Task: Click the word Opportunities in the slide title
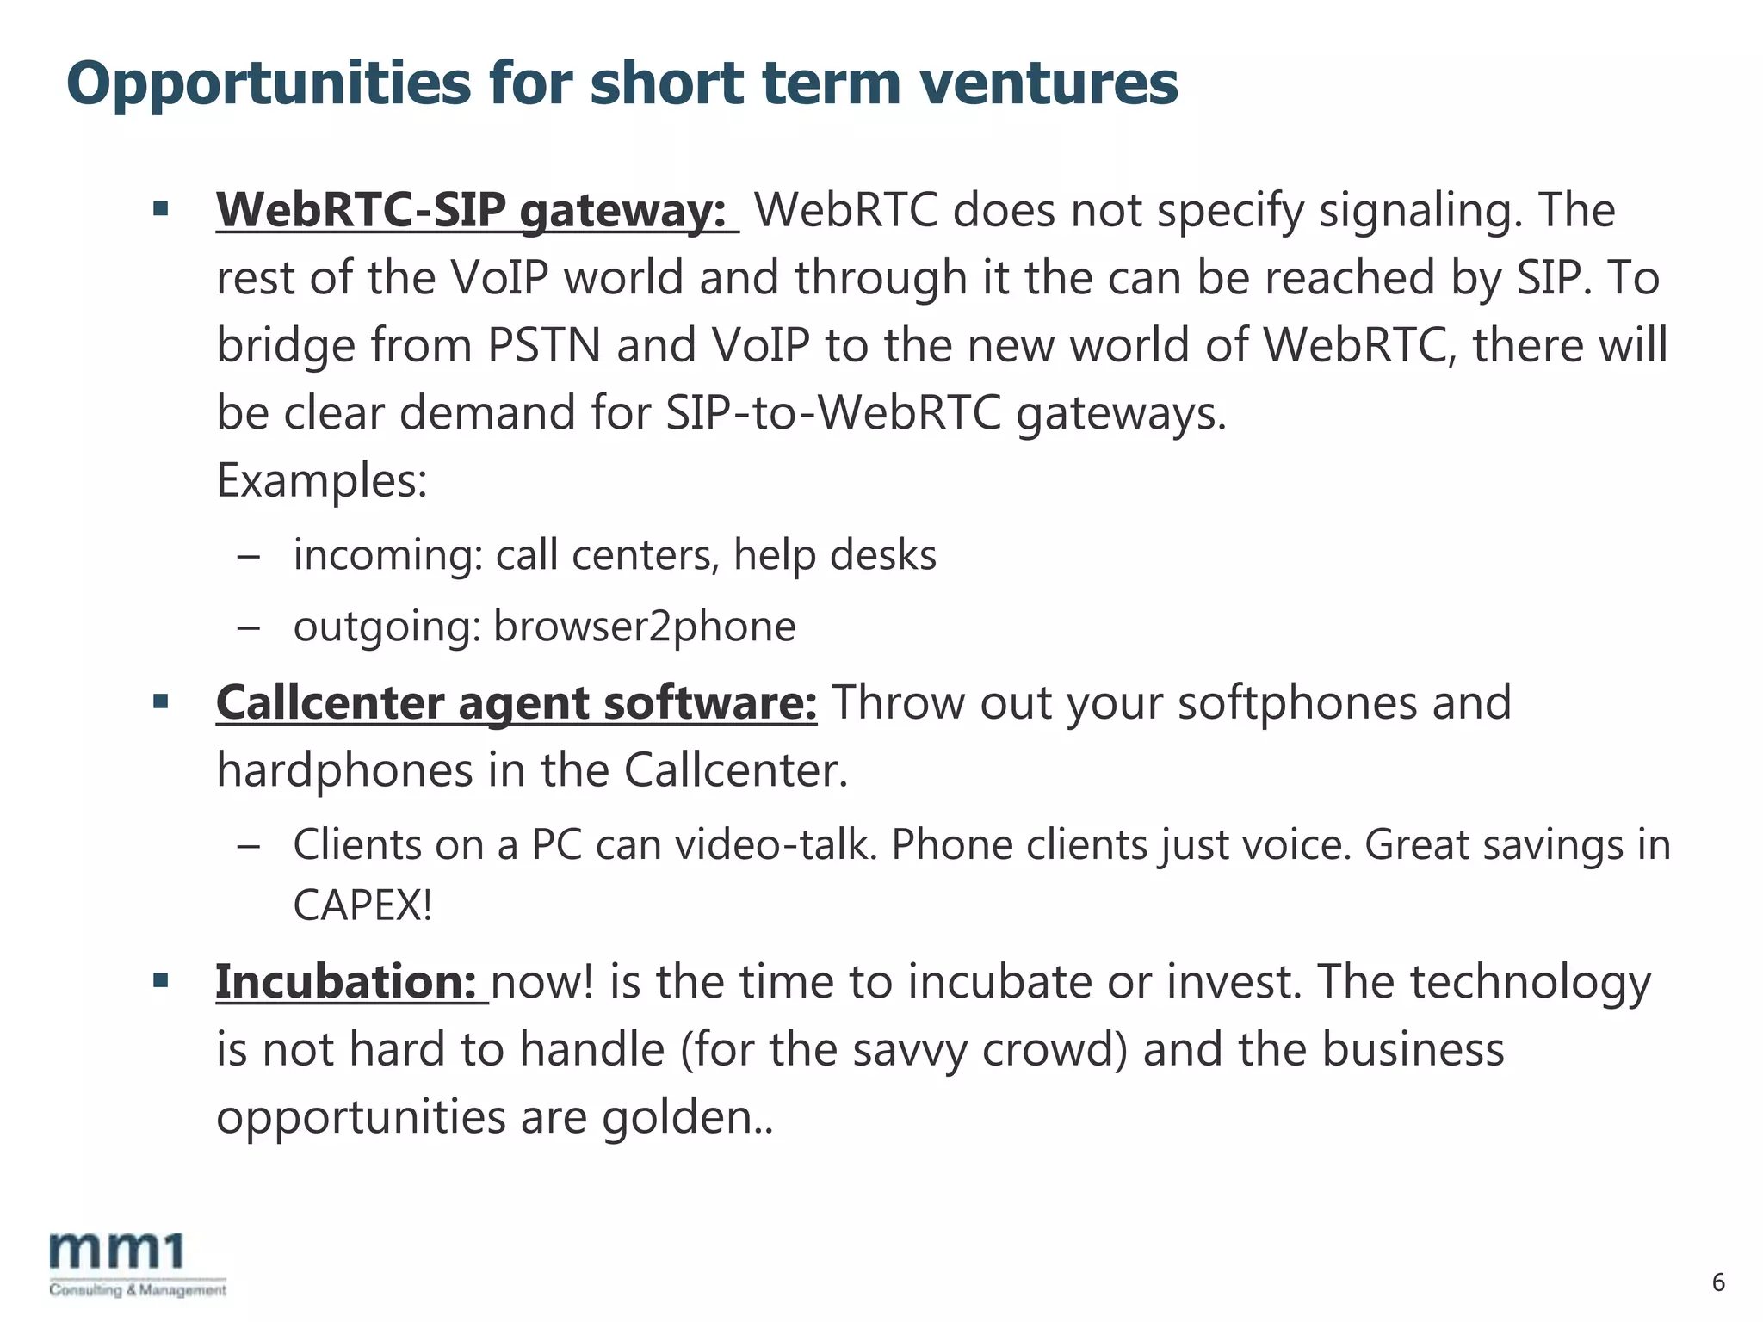(x=269, y=84)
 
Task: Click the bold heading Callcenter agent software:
(x=517, y=702)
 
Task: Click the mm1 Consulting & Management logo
(x=138, y=1263)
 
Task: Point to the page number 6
(x=1718, y=1282)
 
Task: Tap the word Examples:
(x=322, y=480)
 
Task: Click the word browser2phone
(x=644, y=627)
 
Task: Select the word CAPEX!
(x=362, y=905)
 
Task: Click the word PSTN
(x=544, y=345)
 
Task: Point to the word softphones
(x=1297, y=702)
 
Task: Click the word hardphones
(x=344, y=769)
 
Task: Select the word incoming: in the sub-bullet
(x=387, y=555)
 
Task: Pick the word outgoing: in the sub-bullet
(x=387, y=627)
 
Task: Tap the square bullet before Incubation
(x=161, y=980)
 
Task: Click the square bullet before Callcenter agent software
(x=161, y=701)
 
